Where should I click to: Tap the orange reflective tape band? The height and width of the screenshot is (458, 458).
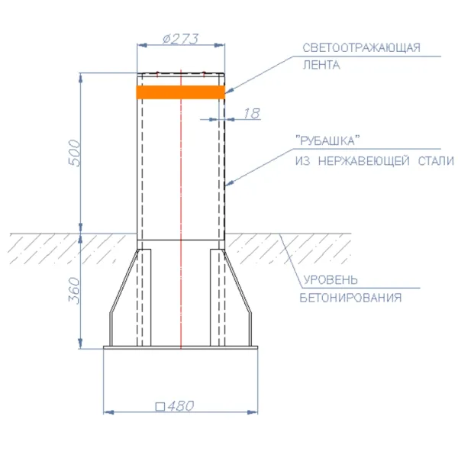coord(180,92)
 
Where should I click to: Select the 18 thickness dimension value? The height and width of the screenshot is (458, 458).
coord(251,114)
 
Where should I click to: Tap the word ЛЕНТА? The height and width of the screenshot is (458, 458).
coord(321,65)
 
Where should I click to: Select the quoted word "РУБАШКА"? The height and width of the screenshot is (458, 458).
coord(327,141)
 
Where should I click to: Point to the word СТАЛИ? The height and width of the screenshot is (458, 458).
coord(433,161)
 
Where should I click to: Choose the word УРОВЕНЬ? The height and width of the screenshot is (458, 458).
coord(329,280)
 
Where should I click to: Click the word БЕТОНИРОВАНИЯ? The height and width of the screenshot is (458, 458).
coord(350,298)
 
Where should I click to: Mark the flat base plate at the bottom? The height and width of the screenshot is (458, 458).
coord(181,350)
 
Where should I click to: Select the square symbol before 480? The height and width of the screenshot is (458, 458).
coord(160,406)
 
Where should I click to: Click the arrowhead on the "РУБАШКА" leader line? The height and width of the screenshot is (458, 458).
coord(227,184)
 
